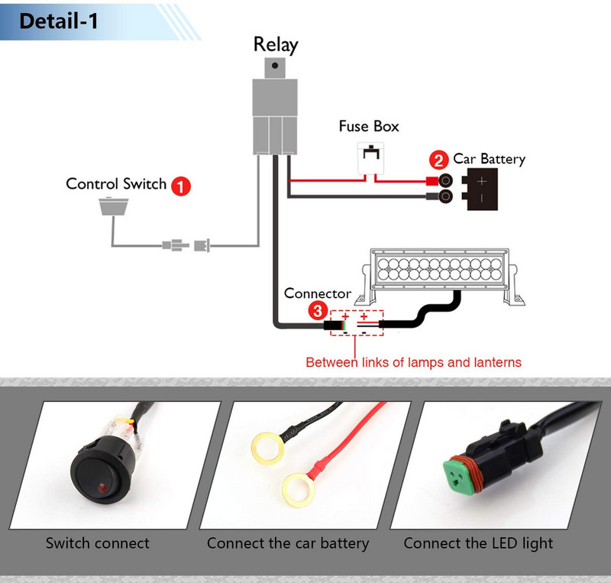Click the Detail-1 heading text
click(58, 21)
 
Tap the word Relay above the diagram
click(275, 44)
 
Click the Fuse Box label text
click(369, 126)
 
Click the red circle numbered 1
click(180, 185)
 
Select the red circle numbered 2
click(438, 160)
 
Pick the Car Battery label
click(489, 159)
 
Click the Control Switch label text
click(115, 183)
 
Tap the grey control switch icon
click(115, 206)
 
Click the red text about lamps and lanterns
click(413, 362)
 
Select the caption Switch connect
click(98, 544)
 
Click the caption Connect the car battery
click(288, 544)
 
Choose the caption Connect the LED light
click(478, 544)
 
